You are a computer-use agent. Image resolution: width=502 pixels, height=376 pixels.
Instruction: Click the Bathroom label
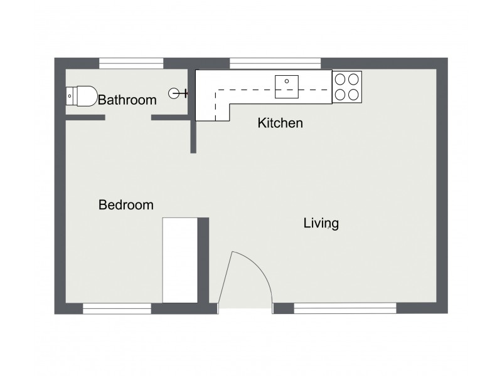pyautogui.click(x=127, y=100)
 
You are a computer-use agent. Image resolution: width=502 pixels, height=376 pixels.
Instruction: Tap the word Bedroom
pyautogui.click(x=126, y=205)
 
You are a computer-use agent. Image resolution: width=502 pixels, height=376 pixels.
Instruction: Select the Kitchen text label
pyautogui.click(x=280, y=123)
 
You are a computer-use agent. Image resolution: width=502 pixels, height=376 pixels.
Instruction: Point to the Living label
pyautogui.click(x=321, y=222)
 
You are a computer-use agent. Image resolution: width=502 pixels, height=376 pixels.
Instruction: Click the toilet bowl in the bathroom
pyautogui.click(x=86, y=96)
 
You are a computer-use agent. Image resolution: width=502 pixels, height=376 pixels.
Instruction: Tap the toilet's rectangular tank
pyautogui.click(x=70, y=96)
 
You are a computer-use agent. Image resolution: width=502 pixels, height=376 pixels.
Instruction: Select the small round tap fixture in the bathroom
pyautogui.click(x=174, y=94)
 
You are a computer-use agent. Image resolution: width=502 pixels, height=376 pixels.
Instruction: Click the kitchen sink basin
pyautogui.click(x=289, y=86)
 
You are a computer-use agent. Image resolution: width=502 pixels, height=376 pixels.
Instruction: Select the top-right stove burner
pyautogui.click(x=355, y=80)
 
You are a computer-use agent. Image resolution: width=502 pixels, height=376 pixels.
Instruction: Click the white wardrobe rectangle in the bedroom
pyautogui.click(x=180, y=259)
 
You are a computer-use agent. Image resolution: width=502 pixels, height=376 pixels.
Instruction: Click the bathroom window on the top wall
pyautogui.click(x=132, y=63)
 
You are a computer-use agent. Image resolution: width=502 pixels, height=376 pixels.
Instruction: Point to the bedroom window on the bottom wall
pyautogui.click(x=117, y=308)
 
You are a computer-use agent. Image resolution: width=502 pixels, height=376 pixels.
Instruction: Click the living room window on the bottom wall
pyautogui.click(x=345, y=308)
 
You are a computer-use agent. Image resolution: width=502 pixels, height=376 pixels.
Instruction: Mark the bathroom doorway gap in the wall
pyautogui.click(x=128, y=117)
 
